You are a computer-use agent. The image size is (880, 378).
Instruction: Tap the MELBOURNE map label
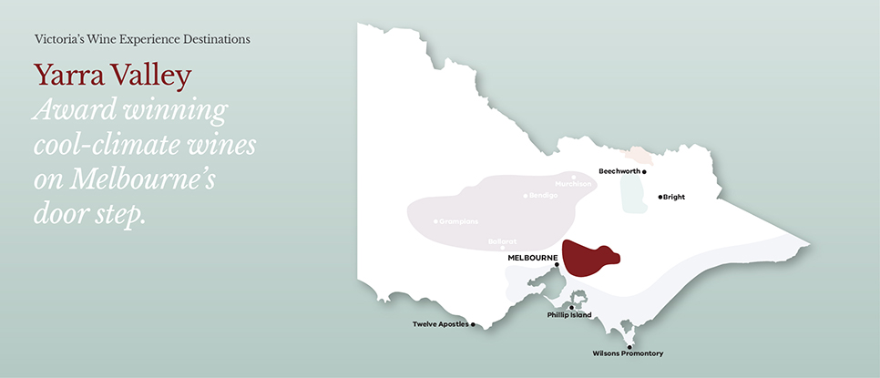pyautogui.click(x=532, y=258)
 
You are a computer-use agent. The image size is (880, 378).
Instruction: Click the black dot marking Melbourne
pyautogui.click(x=557, y=265)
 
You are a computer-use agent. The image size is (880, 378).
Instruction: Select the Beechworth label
pyautogui.click(x=619, y=170)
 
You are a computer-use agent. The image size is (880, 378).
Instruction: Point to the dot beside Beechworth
pyautogui.click(x=644, y=171)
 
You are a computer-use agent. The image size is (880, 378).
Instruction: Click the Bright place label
pyautogui.click(x=674, y=197)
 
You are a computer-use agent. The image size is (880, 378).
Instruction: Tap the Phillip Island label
pyautogui.click(x=569, y=315)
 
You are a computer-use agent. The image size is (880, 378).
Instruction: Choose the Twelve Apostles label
pyautogui.click(x=440, y=324)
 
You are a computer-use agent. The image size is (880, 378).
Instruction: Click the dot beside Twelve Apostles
pyautogui.click(x=473, y=324)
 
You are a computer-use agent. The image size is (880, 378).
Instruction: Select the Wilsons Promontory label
pyautogui.click(x=627, y=353)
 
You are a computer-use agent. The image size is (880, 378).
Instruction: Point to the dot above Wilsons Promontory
pyautogui.click(x=629, y=346)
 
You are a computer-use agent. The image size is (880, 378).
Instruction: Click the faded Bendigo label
pyautogui.click(x=543, y=196)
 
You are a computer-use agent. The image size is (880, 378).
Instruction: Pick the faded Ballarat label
pyautogui.click(x=502, y=241)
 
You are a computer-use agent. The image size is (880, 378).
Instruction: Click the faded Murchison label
pyautogui.click(x=574, y=184)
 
